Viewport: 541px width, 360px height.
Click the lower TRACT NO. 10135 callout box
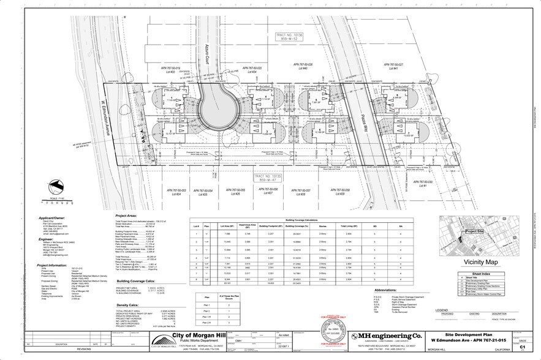coord(272,178)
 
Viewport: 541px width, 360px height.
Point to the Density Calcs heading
coord(129,306)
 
